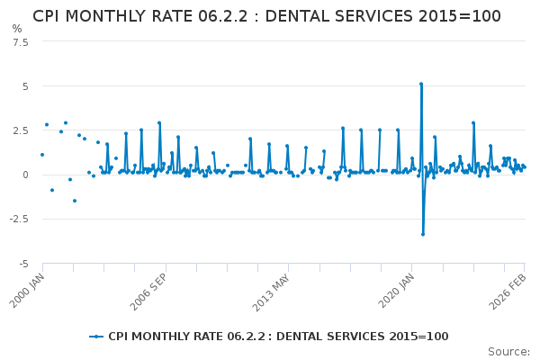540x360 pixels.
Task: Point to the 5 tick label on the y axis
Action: (x=25, y=86)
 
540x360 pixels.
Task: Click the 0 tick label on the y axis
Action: (x=25, y=175)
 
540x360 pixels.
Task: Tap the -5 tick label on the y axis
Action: (x=23, y=263)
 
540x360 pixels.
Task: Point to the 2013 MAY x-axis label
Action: (x=272, y=289)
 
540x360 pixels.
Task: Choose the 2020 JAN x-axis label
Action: (x=394, y=289)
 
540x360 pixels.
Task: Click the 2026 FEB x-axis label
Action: (x=508, y=289)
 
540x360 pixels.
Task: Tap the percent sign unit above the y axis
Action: (x=17, y=29)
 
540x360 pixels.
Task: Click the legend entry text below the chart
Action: (x=278, y=337)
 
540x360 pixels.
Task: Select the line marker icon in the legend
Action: (x=96, y=337)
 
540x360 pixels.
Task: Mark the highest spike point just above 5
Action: (x=420, y=84)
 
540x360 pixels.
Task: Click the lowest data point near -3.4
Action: (x=423, y=234)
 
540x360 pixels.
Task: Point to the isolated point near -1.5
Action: (x=75, y=201)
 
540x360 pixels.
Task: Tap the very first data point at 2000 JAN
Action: (x=42, y=155)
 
